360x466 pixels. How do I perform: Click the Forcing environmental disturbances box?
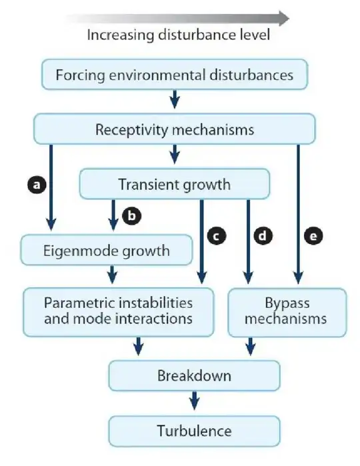pyautogui.click(x=175, y=75)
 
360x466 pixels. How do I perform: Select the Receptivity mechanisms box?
pyautogui.click(x=175, y=129)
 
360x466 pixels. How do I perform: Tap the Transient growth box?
pyautogui.click(x=175, y=183)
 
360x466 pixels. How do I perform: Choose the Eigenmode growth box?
pyautogui.click(x=107, y=251)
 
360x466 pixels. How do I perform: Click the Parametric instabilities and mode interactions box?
pyautogui.click(x=119, y=311)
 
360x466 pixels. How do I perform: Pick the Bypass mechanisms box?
pyautogui.click(x=286, y=311)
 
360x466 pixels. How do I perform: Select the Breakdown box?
pyautogui.click(x=194, y=375)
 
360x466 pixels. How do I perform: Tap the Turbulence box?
pyautogui.click(x=194, y=431)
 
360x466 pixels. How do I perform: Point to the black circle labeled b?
pyautogui.click(x=133, y=217)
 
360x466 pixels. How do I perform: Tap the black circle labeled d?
pyautogui.click(x=265, y=235)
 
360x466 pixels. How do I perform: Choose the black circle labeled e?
pyautogui.click(x=312, y=235)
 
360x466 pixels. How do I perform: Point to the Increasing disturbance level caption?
pyautogui.click(x=178, y=35)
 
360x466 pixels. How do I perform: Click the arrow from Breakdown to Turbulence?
pyautogui.click(x=194, y=402)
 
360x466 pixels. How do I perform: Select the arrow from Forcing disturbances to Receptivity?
pyautogui.click(x=175, y=100)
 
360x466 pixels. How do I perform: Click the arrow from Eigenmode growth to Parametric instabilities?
pyautogui.click(x=112, y=273)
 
